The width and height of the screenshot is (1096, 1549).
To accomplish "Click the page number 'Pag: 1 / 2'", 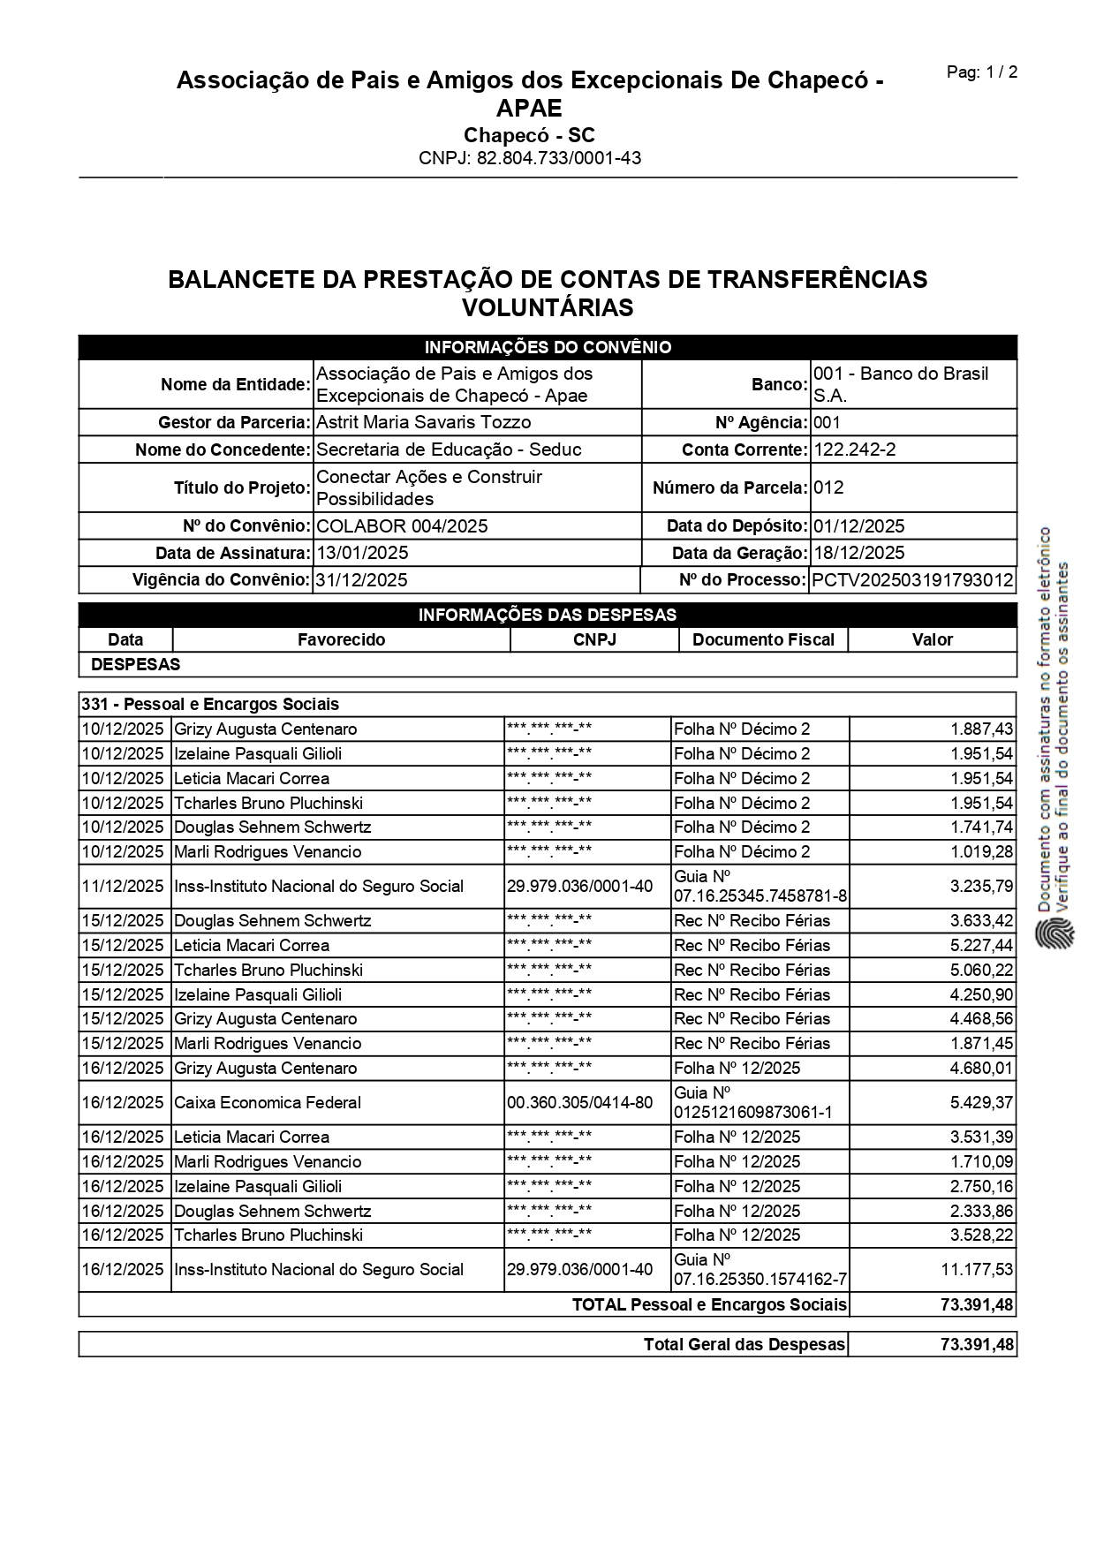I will pos(981,72).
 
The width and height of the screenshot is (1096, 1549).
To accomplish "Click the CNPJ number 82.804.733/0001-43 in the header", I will pos(530,159).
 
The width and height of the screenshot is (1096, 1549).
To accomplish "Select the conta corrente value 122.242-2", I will pos(854,450).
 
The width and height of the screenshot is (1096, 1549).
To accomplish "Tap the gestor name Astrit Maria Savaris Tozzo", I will pos(423,422).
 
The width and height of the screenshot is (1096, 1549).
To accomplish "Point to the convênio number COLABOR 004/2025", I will pos(402,526).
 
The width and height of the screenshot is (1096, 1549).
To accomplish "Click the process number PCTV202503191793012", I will pos(912,580).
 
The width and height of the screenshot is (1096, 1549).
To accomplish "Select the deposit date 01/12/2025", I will pos(858,526).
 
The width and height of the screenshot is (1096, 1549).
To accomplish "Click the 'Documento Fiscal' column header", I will pos(763,639).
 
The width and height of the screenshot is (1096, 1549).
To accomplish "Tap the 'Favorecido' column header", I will pos(341,639).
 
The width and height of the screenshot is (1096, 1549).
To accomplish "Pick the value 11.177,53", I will pos(977,1269).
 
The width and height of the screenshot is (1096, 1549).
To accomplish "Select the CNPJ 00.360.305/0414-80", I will pos(579,1102).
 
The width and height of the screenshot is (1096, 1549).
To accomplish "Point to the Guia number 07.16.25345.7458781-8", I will pos(760,896).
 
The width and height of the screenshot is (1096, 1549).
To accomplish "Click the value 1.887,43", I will pos(981,729).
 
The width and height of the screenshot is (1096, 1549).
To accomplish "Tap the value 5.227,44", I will pos(981,945).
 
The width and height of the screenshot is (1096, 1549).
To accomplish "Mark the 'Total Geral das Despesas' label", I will pos(745,1344).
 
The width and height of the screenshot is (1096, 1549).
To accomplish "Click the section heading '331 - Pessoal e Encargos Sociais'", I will pos(210,705).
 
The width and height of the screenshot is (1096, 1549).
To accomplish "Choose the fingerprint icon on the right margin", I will pos(1055,933).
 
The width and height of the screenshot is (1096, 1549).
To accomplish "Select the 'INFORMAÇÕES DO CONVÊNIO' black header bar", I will pos(548,347).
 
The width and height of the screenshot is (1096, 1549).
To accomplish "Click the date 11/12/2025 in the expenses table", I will pos(123,886).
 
